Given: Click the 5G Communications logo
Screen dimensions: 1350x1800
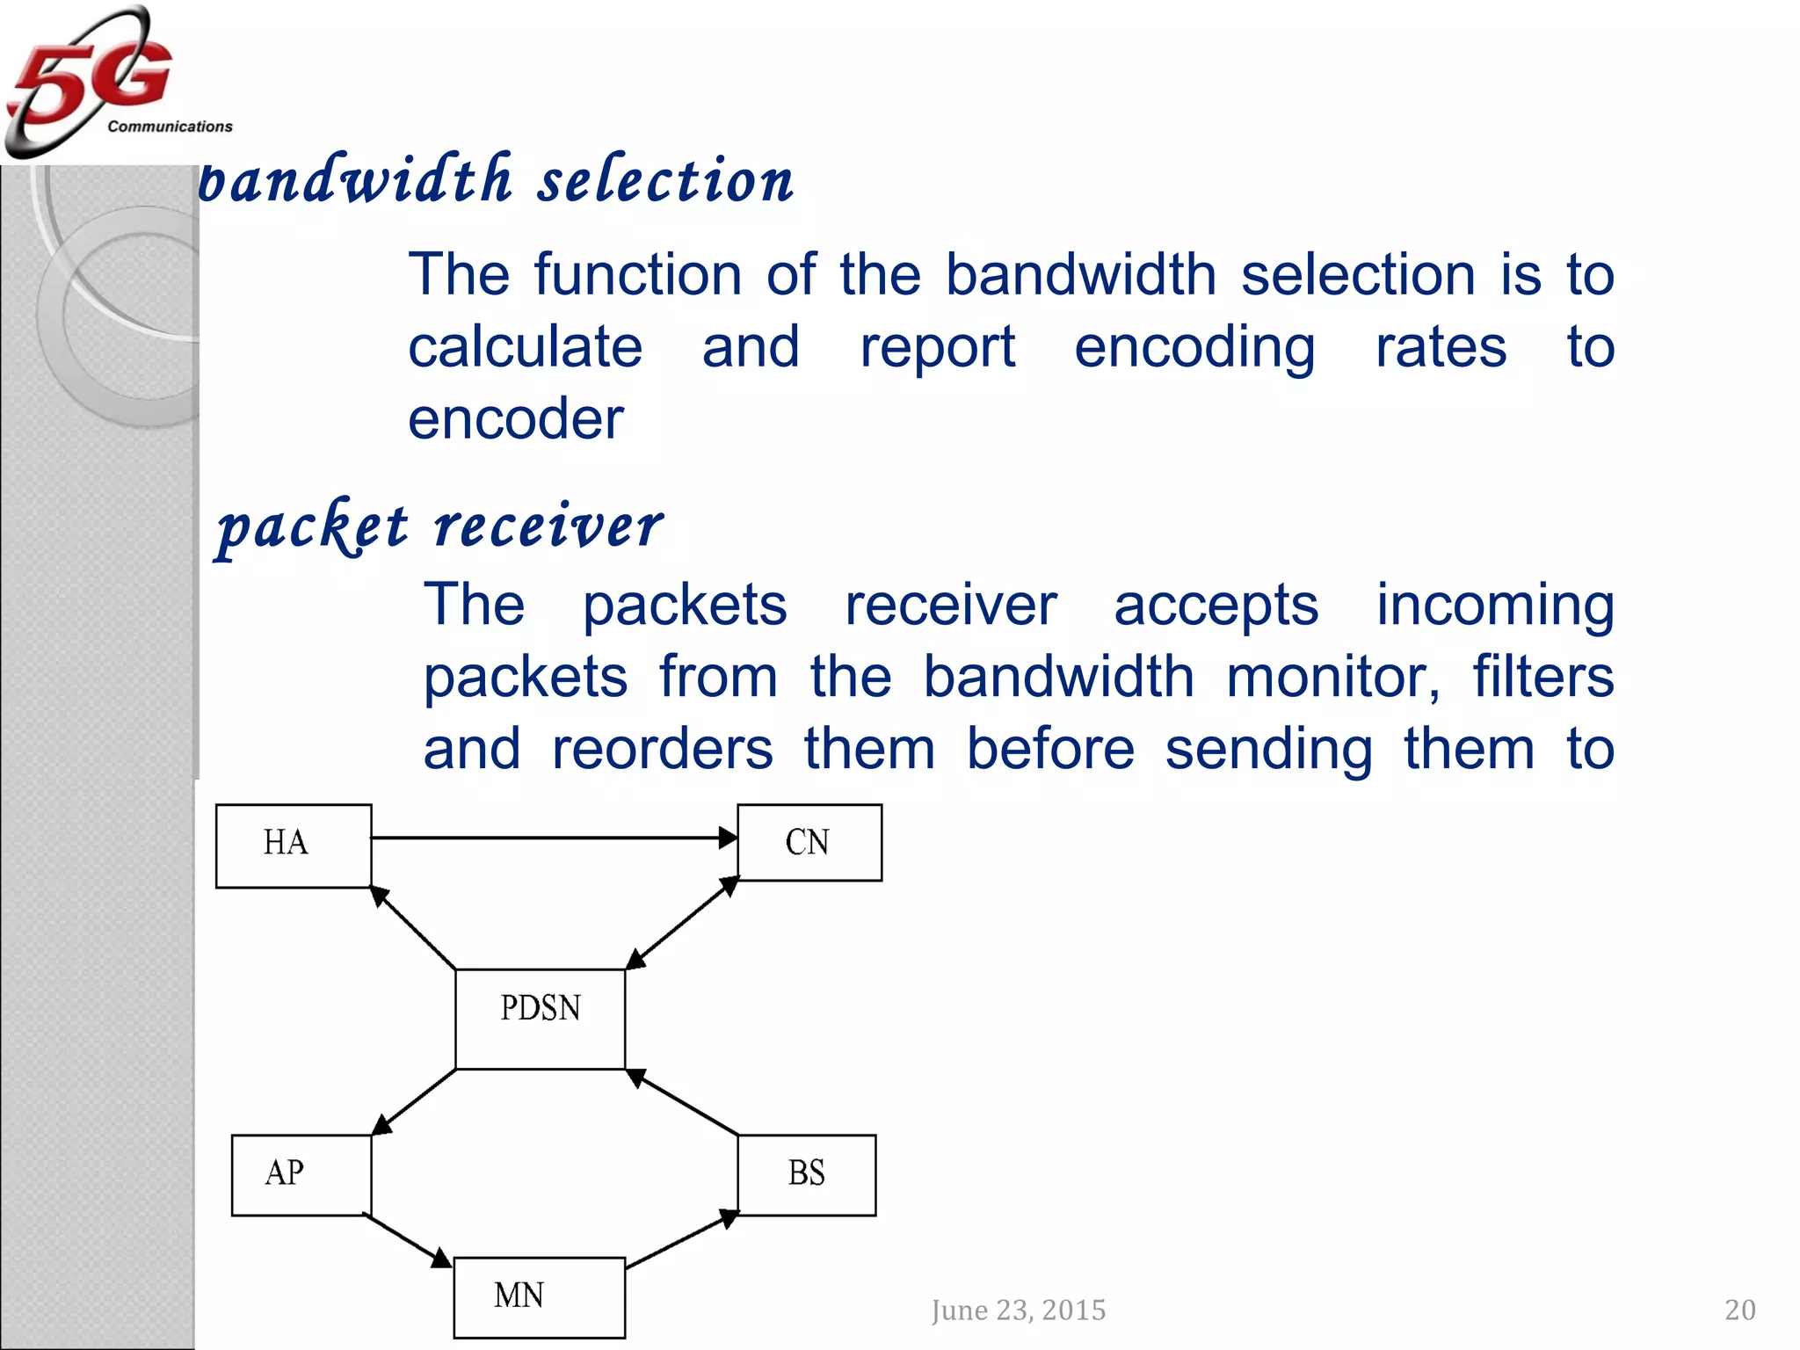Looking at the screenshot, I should coord(105,81).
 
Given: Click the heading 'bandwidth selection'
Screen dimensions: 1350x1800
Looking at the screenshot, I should coord(497,180).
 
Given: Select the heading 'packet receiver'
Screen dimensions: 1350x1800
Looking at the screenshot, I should coord(439,527).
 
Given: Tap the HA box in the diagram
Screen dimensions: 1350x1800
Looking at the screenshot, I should coord(294,845).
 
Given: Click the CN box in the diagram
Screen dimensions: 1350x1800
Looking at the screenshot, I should coord(809,842).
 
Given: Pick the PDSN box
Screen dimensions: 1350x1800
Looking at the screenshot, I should coord(540,1019).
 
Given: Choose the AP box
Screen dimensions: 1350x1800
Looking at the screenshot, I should coord(301,1174).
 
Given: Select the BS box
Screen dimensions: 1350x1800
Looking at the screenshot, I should coord(806,1174).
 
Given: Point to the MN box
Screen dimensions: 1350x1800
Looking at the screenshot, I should coord(539,1296).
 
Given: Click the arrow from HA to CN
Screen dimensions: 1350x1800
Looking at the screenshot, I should coord(554,838).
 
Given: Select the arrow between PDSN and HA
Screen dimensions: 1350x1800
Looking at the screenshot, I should coord(413,928).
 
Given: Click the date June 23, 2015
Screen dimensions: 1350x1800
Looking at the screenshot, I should coord(1018,1310).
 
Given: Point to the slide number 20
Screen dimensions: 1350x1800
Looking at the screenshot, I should coord(1739,1310).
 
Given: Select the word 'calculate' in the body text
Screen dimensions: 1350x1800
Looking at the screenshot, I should coord(525,346).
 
